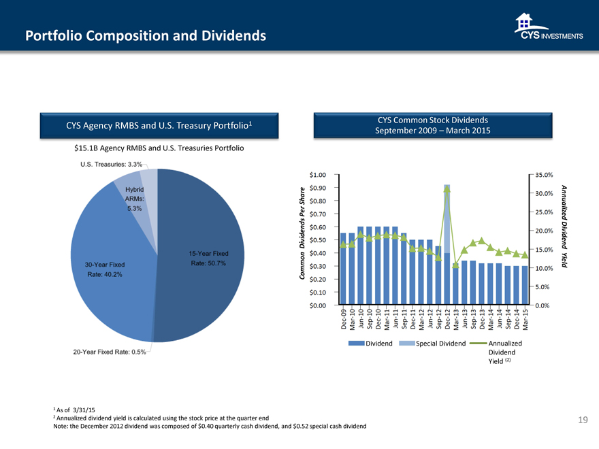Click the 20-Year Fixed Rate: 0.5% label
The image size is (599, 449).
[x=109, y=352]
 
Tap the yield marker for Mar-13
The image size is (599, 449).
[x=455, y=265]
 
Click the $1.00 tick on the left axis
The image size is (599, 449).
[x=317, y=175]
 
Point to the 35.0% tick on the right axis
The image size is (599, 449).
[x=546, y=175]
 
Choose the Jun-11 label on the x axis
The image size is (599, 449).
[x=395, y=318]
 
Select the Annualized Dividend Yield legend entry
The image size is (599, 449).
[x=504, y=343]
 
